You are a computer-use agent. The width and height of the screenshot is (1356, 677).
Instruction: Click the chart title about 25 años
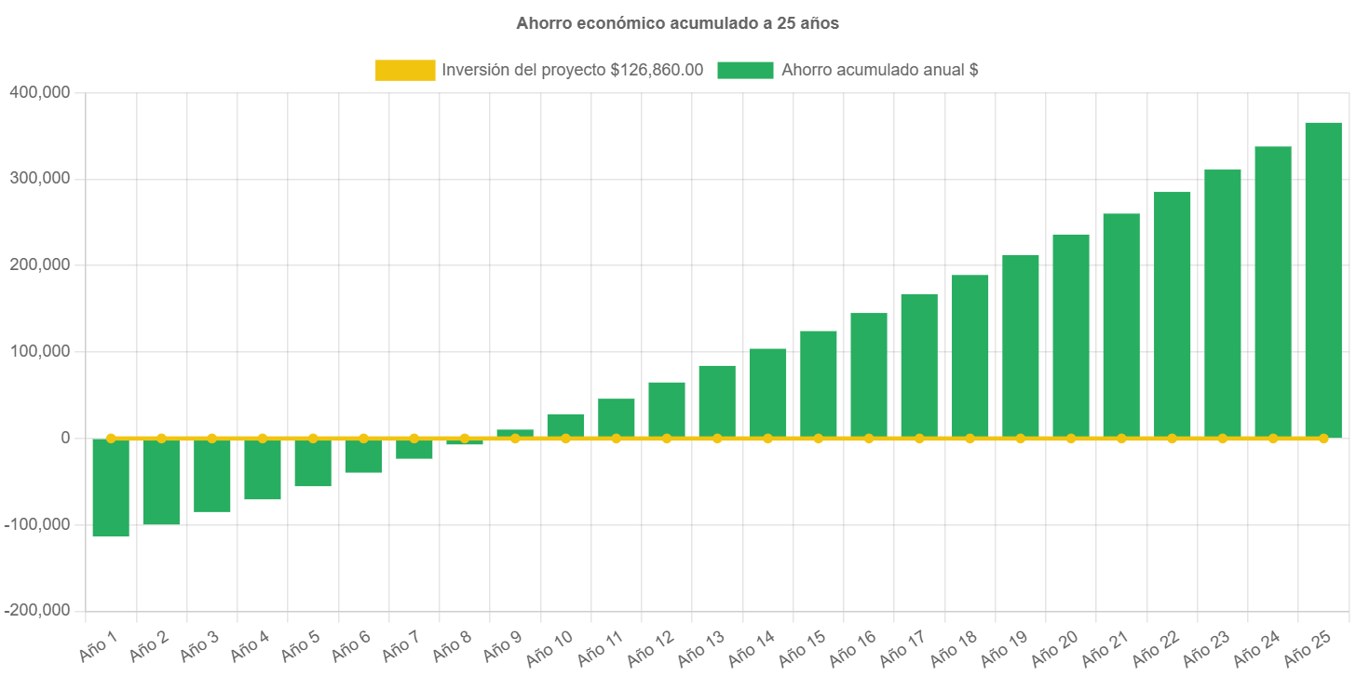(677, 24)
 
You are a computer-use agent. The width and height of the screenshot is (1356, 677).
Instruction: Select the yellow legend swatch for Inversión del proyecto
(405, 70)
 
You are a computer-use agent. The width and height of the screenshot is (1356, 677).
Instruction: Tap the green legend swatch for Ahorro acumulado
(745, 70)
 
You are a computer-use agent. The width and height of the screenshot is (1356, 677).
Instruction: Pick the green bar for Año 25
(1323, 279)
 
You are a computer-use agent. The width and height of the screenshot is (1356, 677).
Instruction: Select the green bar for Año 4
(263, 469)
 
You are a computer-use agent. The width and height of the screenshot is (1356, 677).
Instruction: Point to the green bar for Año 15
(819, 384)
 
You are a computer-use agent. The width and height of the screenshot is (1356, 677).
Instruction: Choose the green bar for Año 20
(1071, 335)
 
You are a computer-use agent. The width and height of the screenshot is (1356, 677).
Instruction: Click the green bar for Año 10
(565, 425)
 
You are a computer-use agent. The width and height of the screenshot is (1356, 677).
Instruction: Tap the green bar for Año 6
(363, 455)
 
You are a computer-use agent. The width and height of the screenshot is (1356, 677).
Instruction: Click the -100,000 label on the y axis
(37, 524)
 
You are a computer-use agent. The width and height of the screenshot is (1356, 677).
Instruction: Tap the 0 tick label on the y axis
(65, 438)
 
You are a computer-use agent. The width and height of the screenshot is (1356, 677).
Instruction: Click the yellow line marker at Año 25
(1323, 438)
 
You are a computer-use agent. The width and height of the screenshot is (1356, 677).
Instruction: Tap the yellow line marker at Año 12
(667, 438)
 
